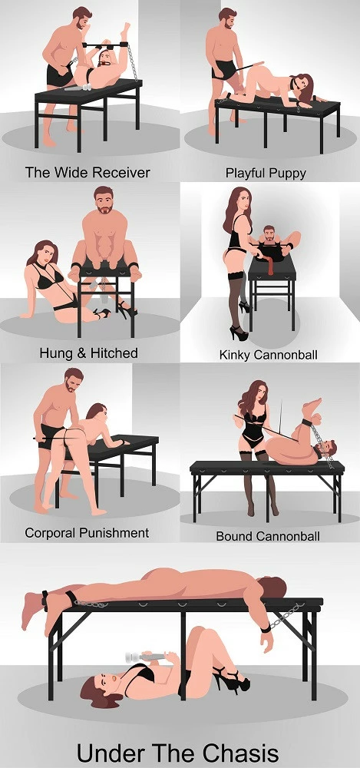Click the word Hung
click(54, 353)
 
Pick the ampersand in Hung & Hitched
click(78, 353)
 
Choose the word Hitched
click(111, 353)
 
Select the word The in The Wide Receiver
click(38, 172)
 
